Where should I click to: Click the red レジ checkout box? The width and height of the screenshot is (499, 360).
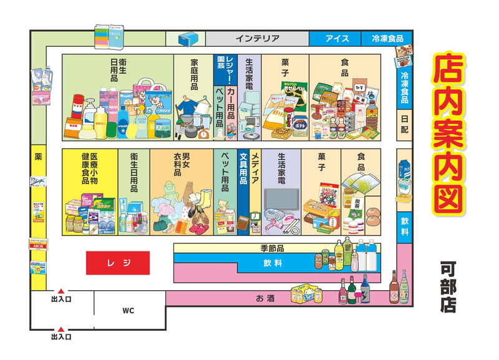click(118, 262)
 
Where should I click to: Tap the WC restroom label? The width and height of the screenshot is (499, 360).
click(128, 310)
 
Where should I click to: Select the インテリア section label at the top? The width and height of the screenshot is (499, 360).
click(257, 39)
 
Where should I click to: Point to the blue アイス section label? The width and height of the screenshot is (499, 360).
click(335, 39)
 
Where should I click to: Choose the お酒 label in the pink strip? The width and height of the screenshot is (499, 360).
click(264, 298)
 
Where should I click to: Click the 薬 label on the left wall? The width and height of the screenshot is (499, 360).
click(38, 157)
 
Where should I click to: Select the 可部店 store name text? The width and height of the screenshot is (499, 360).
click(448, 286)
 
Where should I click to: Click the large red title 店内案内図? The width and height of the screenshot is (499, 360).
click(448, 134)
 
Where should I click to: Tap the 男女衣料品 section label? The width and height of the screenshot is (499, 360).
click(182, 165)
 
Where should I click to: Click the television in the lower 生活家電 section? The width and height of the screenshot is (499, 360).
click(281, 203)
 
